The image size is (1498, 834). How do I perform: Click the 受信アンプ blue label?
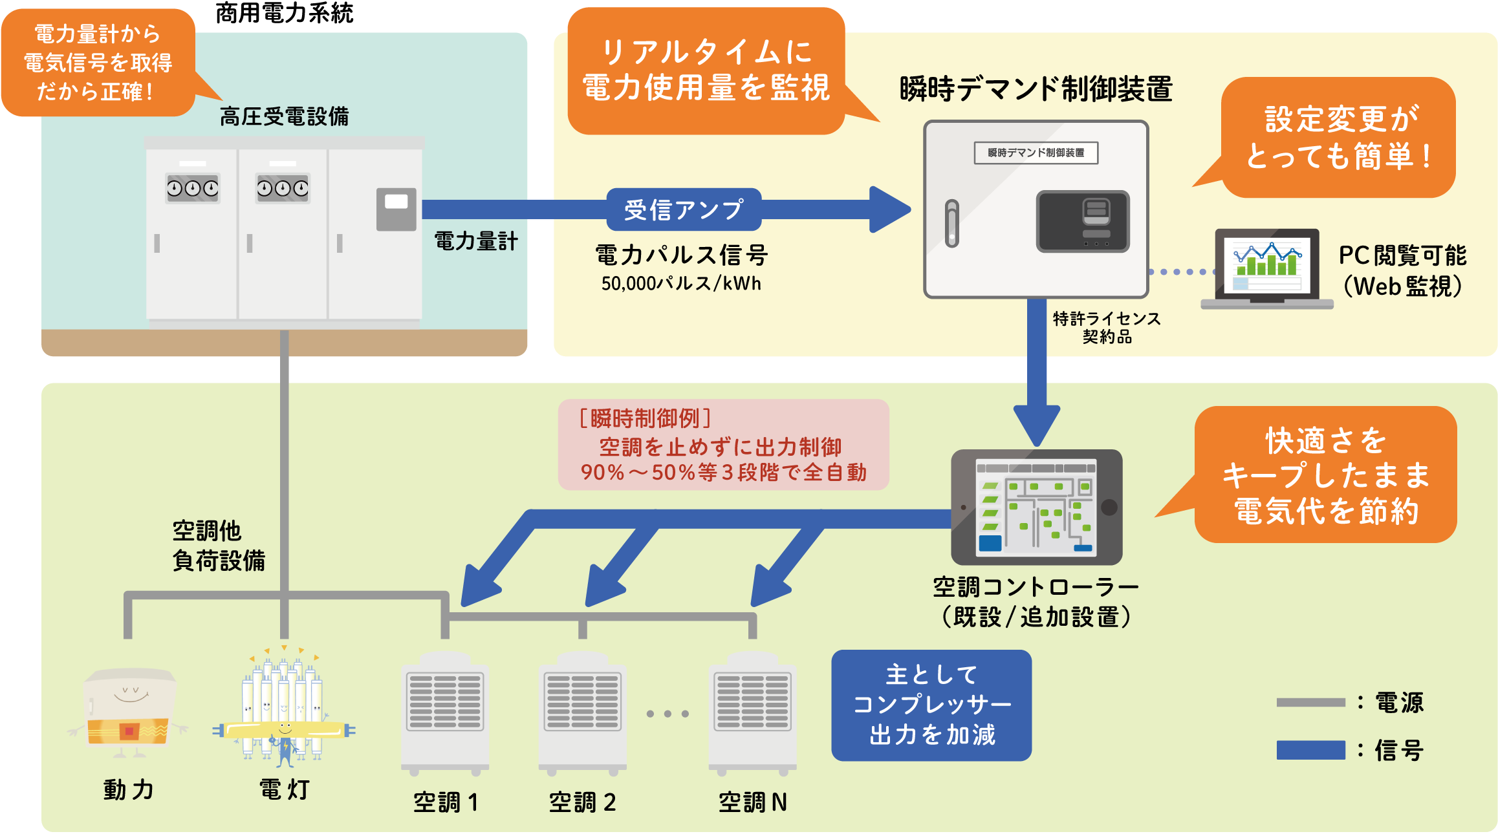[x=683, y=209]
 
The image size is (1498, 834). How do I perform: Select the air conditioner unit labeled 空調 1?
[x=445, y=714]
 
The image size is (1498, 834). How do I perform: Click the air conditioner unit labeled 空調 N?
[x=752, y=714]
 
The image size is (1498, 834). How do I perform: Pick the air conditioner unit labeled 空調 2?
[x=582, y=714]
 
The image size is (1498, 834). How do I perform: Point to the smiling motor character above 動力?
[x=129, y=711]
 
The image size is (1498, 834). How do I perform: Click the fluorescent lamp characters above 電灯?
[x=283, y=708]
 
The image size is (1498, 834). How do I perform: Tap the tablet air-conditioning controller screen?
[x=1036, y=507]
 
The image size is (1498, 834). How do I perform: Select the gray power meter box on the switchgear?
[x=396, y=209]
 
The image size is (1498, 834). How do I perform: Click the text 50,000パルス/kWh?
[x=681, y=283]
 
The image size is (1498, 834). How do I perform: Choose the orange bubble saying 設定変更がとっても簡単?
[x=1338, y=138]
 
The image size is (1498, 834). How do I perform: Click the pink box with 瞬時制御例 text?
[x=723, y=445]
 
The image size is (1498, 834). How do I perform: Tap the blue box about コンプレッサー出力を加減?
[x=931, y=705]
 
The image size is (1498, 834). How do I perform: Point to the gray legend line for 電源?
[x=1310, y=702]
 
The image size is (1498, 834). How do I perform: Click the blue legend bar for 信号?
[x=1310, y=750]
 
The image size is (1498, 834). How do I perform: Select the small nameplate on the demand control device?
[x=1036, y=153]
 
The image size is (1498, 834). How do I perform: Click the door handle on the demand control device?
[x=951, y=223]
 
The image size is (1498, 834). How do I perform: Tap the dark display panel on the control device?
[x=1082, y=221]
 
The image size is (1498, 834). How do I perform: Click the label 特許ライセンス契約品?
[x=1107, y=327]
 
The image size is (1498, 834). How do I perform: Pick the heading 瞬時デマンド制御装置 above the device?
[x=1036, y=89]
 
